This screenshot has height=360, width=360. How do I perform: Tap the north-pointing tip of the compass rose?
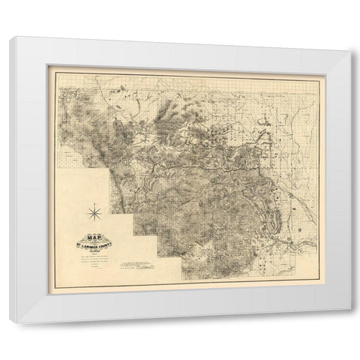(95, 205)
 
